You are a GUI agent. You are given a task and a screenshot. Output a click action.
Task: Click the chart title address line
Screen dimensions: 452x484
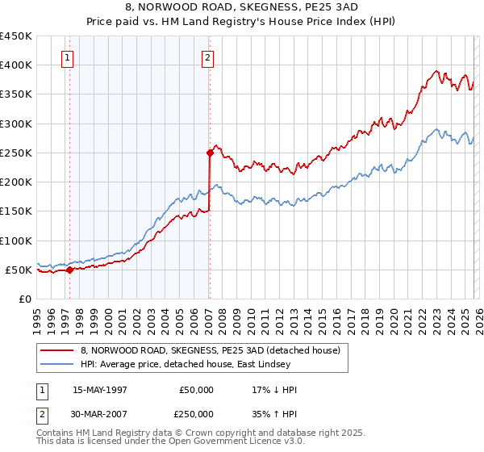pyautogui.click(x=241, y=7)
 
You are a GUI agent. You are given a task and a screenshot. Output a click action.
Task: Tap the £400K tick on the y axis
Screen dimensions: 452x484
pyautogui.click(x=16, y=65)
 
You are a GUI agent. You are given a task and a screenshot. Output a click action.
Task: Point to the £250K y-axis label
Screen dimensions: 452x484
pyautogui.click(x=16, y=153)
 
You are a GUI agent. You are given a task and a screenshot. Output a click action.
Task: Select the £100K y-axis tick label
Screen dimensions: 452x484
pyautogui.click(x=16, y=241)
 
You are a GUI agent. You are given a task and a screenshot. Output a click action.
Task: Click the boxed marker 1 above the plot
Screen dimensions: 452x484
pyautogui.click(x=67, y=57)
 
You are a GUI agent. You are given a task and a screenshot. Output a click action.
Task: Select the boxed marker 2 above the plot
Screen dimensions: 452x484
pyautogui.click(x=208, y=57)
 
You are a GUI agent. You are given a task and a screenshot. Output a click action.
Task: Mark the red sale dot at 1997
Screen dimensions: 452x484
pyautogui.click(x=69, y=270)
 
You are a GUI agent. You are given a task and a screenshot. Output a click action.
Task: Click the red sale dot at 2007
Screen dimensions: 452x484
pyautogui.click(x=210, y=152)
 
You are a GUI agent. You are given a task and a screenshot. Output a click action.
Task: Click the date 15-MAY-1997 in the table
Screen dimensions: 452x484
pyautogui.click(x=100, y=390)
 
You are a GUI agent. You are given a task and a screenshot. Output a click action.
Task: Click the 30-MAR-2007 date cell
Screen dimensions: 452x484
pyautogui.click(x=100, y=413)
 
